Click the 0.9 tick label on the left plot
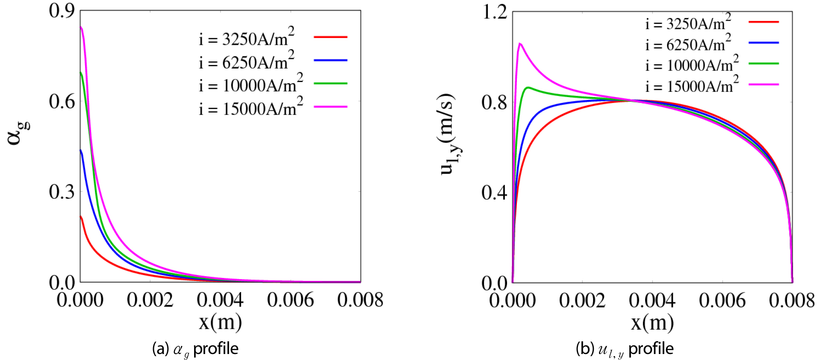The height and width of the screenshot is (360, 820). pyautogui.click(x=62, y=11)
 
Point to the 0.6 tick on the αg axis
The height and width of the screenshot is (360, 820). pyautogui.click(x=62, y=101)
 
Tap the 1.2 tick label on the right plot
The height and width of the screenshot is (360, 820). pyautogui.click(x=495, y=12)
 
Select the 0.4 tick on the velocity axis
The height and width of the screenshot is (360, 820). pyautogui.click(x=494, y=192)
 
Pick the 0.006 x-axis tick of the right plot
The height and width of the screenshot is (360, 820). pyautogui.click(x=722, y=301)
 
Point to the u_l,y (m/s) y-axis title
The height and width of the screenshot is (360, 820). pyautogui.click(x=449, y=134)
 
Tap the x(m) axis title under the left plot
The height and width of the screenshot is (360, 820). pyautogui.click(x=220, y=322)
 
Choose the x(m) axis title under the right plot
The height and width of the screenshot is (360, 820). pyautogui.click(x=652, y=322)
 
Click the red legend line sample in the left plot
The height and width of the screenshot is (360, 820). pyautogui.click(x=330, y=37)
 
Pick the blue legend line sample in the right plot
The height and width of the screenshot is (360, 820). pyautogui.click(x=764, y=43)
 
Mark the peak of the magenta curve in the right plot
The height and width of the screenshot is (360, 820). pyautogui.click(x=520, y=43)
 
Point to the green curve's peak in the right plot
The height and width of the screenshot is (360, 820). pyautogui.click(x=528, y=88)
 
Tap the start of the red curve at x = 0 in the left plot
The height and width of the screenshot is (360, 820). pyautogui.click(x=81, y=216)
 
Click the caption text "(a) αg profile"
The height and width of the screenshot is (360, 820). pyautogui.click(x=195, y=349)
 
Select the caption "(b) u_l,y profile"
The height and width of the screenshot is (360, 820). pyautogui.click(x=625, y=349)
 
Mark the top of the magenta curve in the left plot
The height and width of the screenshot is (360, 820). pyautogui.click(x=81, y=27)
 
